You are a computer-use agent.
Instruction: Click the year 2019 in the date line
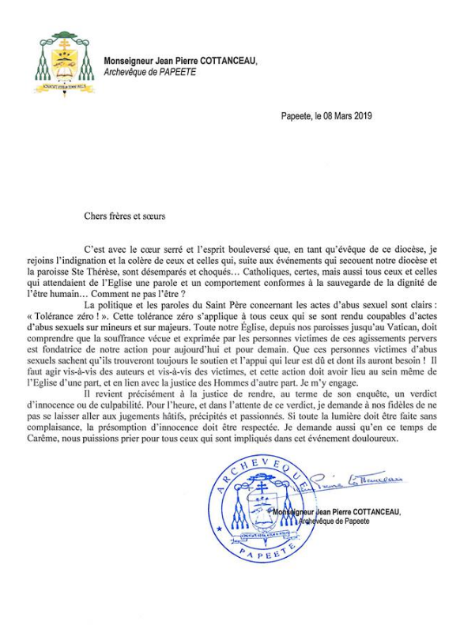[362, 115]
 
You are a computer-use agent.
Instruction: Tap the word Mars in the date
[337, 115]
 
